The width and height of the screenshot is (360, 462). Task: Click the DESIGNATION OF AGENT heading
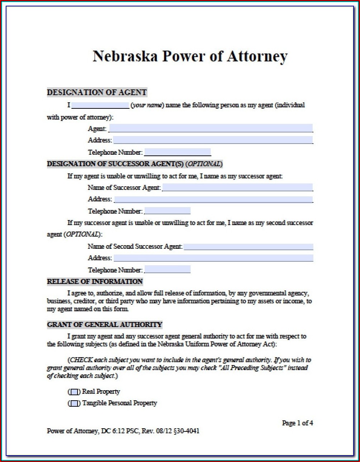coord(97,93)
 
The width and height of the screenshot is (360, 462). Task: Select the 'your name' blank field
coord(100,105)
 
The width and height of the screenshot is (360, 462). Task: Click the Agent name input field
coord(211,128)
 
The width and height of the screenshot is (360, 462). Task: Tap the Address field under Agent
coord(213,140)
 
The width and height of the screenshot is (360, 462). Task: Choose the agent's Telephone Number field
coord(177,152)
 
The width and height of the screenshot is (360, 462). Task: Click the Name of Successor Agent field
coord(237,187)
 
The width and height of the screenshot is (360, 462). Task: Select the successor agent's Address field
coord(213,199)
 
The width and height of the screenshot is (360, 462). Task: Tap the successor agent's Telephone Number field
coord(167,211)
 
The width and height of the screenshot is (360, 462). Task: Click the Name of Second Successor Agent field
coord(248,247)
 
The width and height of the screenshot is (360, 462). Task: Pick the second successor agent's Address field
coord(213,258)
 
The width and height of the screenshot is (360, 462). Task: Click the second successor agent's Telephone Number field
coord(167,270)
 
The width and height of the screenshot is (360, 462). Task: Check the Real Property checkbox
coord(75,392)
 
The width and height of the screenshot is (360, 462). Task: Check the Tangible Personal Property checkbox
coord(75,403)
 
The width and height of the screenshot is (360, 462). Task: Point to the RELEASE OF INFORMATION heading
coord(95,281)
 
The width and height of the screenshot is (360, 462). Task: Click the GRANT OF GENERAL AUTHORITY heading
coord(105,325)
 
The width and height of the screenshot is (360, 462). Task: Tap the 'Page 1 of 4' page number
coord(298,423)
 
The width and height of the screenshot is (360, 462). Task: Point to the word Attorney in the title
coord(257,56)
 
